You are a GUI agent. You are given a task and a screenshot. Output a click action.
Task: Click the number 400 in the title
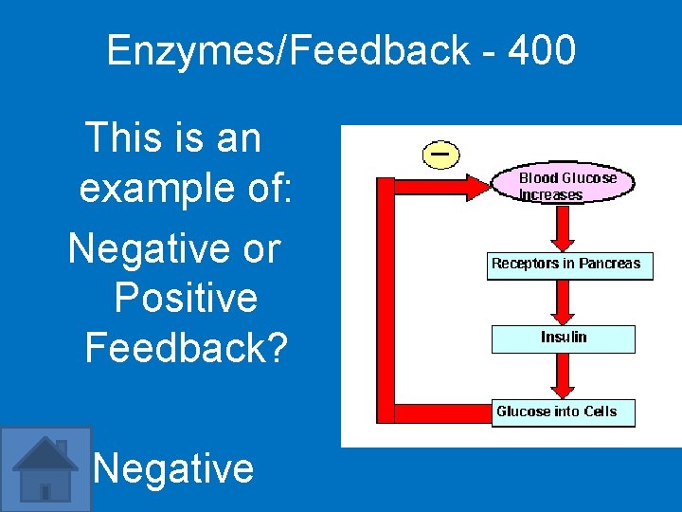(541, 50)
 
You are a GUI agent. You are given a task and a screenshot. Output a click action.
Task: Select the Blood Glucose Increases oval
(564, 185)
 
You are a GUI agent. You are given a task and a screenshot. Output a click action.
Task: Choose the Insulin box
(564, 338)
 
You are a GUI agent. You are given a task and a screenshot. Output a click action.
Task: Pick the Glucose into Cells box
(563, 411)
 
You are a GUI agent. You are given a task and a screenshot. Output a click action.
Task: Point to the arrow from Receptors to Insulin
(564, 302)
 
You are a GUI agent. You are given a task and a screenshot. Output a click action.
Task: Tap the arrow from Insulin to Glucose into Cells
(564, 375)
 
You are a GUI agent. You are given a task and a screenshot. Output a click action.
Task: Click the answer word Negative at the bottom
(173, 467)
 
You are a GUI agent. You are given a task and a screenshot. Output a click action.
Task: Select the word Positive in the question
(186, 298)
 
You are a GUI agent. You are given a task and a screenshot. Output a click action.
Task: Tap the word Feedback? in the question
(186, 347)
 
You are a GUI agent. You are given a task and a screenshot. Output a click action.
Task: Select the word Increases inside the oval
(551, 194)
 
